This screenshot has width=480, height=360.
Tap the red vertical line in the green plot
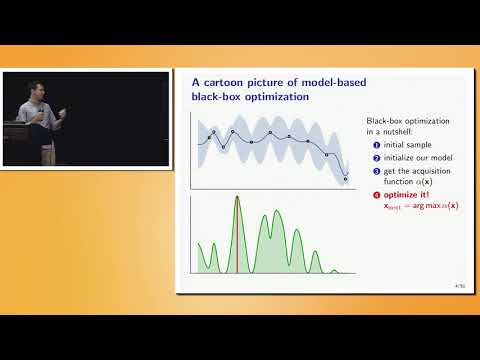pos(237,235)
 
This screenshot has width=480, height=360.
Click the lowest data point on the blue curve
pos(346,179)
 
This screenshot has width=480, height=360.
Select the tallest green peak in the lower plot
pos(237,199)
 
